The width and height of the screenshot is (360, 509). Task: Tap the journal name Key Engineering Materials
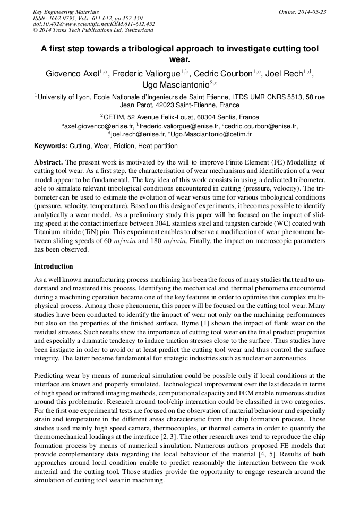pos(66,12)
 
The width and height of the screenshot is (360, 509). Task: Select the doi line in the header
pos(93,24)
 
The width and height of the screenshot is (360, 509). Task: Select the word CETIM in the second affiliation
pos(114,117)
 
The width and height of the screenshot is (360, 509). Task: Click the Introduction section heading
pos(53,266)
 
